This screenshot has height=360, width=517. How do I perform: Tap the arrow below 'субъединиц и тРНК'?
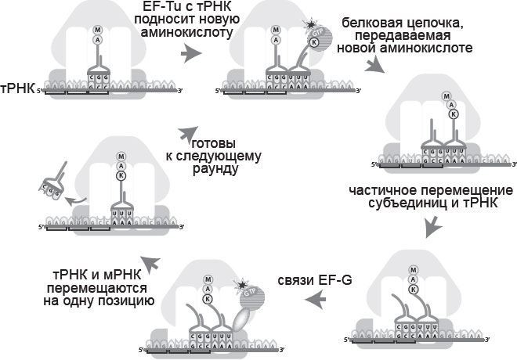(x=434, y=229)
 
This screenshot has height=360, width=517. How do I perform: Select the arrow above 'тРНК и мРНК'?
(x=150, y=265)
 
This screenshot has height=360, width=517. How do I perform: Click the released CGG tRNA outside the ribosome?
(x=50, y=185)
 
